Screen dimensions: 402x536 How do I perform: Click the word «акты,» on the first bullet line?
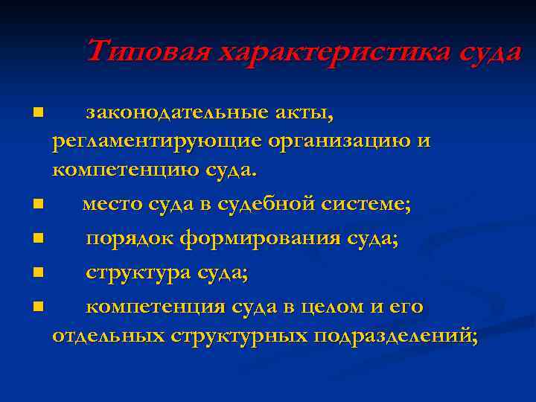pos(308,114)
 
